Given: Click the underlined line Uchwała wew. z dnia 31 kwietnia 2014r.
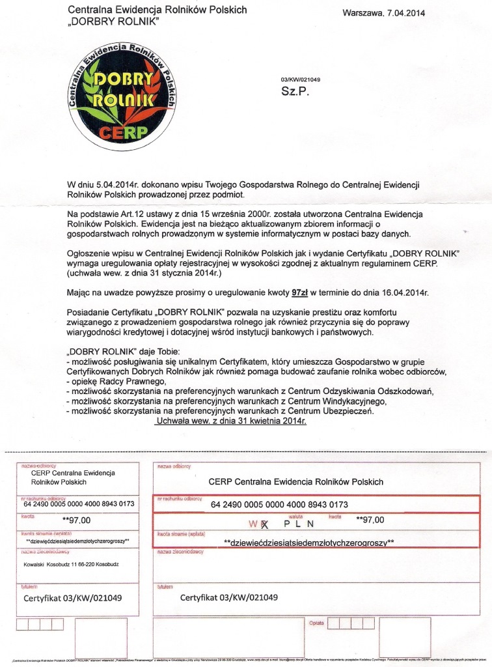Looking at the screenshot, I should point(231,421).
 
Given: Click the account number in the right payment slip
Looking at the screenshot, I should point(279,504).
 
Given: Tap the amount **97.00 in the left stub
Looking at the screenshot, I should point(77,520).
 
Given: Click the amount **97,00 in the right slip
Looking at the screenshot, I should point(371,520).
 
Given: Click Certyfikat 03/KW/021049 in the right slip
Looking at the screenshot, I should point(228,597).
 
